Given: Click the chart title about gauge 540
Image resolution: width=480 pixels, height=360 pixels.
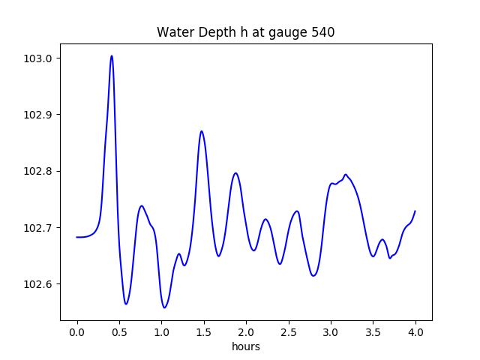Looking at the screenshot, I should (x=245, y=32).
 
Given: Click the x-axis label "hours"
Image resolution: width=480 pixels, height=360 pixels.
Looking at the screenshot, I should (x=245, y=347).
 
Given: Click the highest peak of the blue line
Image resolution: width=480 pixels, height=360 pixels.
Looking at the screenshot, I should (x=112, y=55).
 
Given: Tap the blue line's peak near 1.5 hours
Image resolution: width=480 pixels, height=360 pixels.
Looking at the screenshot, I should (x=201, y=131).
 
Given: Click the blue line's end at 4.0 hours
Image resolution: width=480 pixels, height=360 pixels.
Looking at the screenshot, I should (x=415, y=211).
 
